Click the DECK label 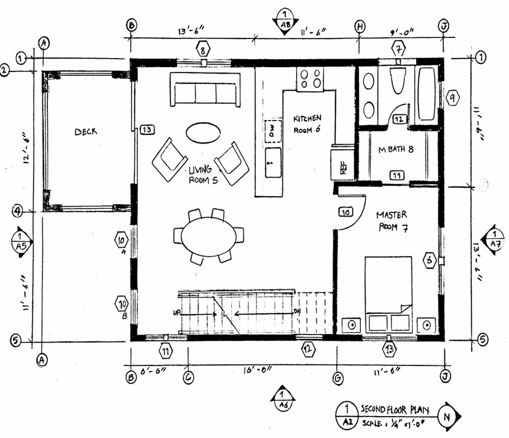tap(86, 132)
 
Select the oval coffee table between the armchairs tap(203, 132)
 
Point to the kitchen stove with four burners tap(311, 79)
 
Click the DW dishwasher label tap(272, 131)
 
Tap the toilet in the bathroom tap(398, 80)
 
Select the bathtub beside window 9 tap(427, 94)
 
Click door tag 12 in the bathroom tap(399, 119)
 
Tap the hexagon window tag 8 tap(202, 50)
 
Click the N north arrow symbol tap(447, 417)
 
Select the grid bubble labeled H tap(360, 27)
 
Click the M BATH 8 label tap(396, 150)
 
